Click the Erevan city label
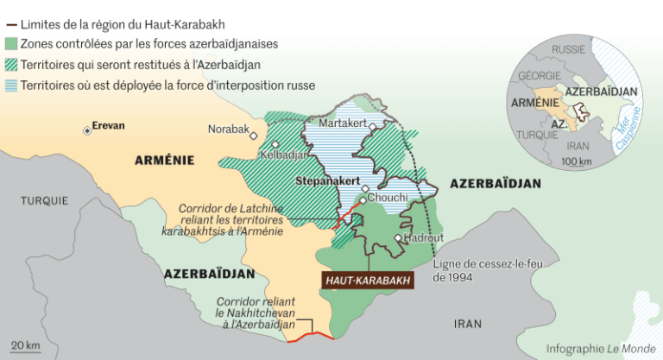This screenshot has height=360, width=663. (108, 126)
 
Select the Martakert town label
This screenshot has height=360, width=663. (343, 123)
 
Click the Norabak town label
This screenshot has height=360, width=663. (228, 129)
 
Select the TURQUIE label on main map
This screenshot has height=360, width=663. (45, 200)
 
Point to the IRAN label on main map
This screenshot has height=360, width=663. (467, 324)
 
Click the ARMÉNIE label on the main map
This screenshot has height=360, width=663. (164, 160)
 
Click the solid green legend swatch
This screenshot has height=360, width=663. (12, 43)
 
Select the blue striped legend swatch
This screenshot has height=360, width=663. (12, 85)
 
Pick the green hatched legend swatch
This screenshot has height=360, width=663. (12, 64)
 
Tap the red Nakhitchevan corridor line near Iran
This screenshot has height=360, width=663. (311, 337)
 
